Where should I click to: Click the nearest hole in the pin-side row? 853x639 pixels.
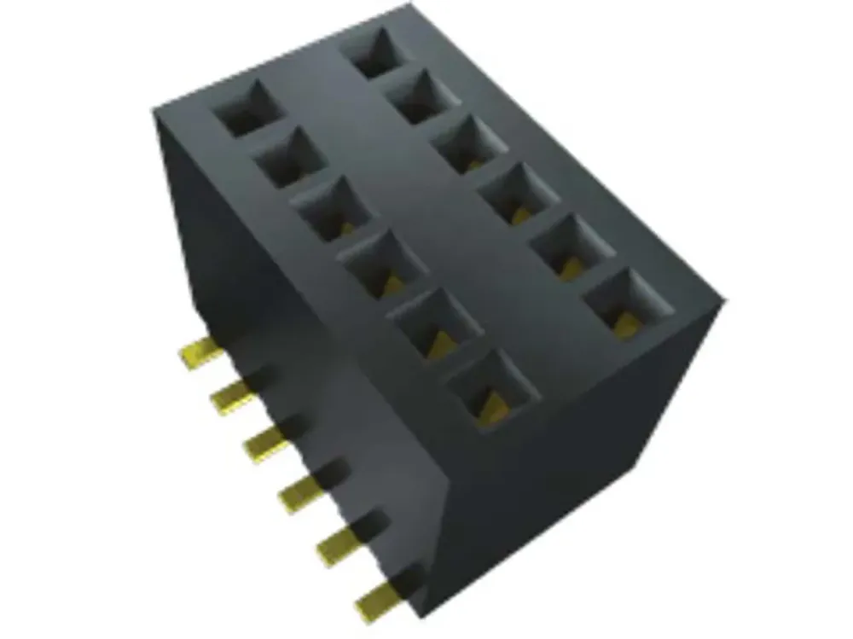pyautogui.click(x=493, y=389)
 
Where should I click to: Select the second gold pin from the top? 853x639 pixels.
pyautogui.click(x=228, y=394)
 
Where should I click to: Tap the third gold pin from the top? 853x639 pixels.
pyautogui.click(x=263, y=442)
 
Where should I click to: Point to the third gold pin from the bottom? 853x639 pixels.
pyautogui.click(x=299, y=492)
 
